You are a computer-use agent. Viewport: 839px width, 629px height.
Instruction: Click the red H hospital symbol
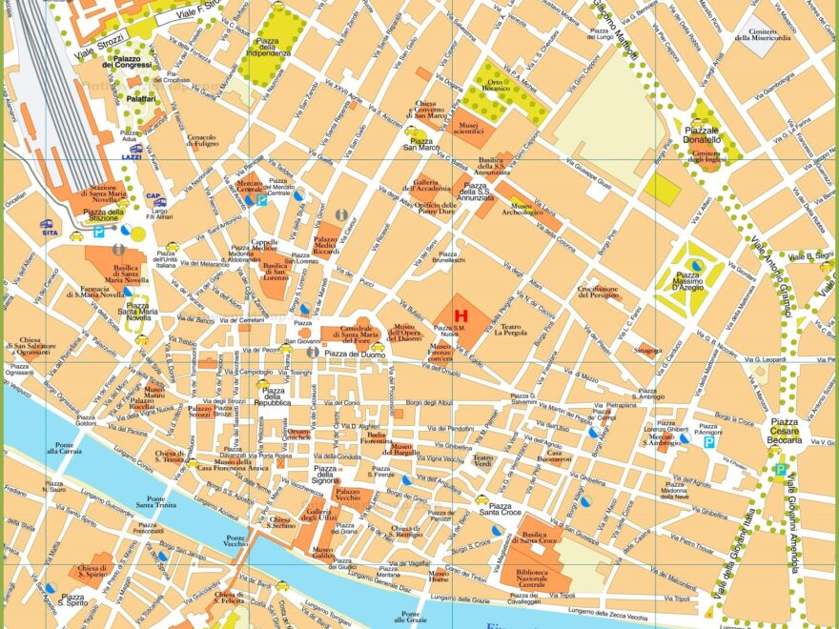[460, 314]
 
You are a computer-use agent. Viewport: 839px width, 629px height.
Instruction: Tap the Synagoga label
[650, 351]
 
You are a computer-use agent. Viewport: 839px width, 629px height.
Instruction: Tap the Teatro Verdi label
[483, 461]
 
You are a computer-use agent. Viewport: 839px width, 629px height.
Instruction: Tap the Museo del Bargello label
[401, 451]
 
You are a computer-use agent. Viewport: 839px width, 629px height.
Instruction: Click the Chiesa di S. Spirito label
[92, 572]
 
